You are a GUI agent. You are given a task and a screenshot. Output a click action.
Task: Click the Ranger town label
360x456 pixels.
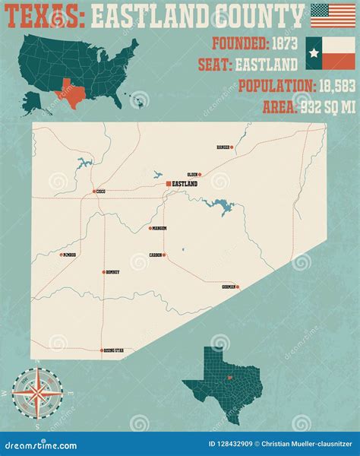tap(223, 147)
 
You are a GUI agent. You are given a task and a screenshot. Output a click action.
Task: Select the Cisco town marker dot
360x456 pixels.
tap(94, 192)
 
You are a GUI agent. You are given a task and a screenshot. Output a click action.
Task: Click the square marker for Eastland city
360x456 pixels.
tap(169, 183)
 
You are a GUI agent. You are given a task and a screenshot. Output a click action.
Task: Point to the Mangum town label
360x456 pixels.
tap(159, 228)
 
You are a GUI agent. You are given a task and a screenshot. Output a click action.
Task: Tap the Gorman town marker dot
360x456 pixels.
tap(238, 287)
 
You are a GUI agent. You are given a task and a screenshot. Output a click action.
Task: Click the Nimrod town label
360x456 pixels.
tap(70, 255)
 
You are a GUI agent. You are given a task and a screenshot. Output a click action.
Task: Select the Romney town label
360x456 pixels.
tap(112, 271)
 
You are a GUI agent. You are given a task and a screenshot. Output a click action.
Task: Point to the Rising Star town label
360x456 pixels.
tap(115, 350)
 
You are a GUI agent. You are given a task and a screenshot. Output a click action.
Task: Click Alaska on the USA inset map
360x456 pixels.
tap(35, 98)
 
